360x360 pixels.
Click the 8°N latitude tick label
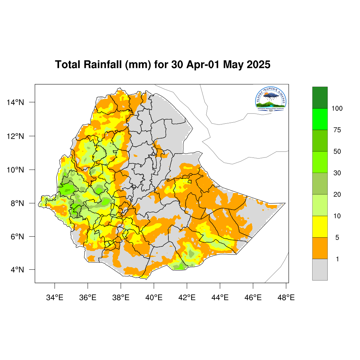pyautogui.click(x=17, y=203)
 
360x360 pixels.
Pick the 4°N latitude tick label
pyautogui.click(x=17, y=270)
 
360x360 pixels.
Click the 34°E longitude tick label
pyautogui.click(x=54, y=298)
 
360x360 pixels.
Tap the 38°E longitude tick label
pyautogui.click(x=121, y=298)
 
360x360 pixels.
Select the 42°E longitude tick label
pyautogui.click(x=187, y=298)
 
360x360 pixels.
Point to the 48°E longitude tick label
pyautogui.click(x=286, y=298)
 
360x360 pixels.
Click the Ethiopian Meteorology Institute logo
pyautogui.click(x=271, y=99)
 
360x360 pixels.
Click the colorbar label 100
pyautogui.click(x=337, y=109)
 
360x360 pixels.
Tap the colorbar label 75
pyautogui.click(x=337, y=130)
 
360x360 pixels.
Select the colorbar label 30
pyautogui.click(x=337, y=173)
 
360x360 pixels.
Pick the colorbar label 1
pyautogui.click(x=337, y=259)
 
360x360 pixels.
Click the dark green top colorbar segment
pyautogui.click(x=320, y=98)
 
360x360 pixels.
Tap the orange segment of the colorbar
pyautogui.click(x=320, y=248)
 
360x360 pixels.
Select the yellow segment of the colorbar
pyautogui.click(x=320, y=226)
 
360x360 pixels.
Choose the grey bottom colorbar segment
pyautogui.click(x=320, y=270)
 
